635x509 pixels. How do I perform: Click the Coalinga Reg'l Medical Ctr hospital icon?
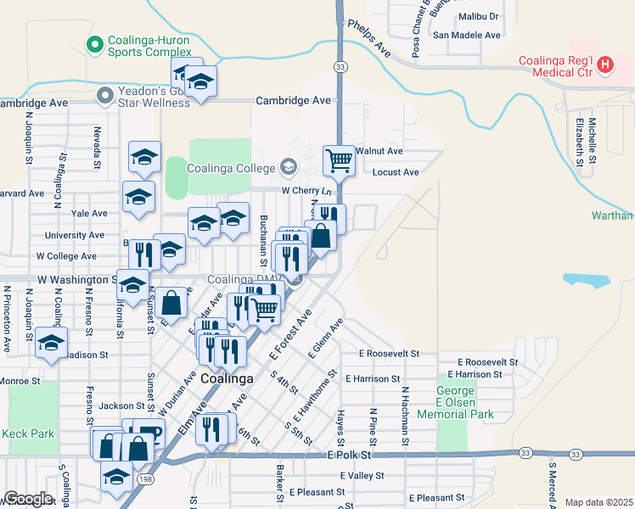(x=605, y=64)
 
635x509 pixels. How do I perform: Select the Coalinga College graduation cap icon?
(x=289, y=166)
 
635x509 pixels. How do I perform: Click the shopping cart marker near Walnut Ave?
(x=339, y=159)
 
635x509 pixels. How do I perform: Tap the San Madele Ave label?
(x=467, y=35)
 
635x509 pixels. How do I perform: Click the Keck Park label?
(x=28, y=433)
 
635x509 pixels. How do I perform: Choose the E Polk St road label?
(x=350, y=456)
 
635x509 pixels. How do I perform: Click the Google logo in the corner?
(x=28, y=498)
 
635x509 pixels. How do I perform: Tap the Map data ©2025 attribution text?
(x=598, y=502)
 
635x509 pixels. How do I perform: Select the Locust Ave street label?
(x=396, y=172)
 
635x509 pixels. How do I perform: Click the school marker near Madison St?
(x=51, y=344)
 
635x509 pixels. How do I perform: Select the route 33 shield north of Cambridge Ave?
(x=340, y=66)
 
